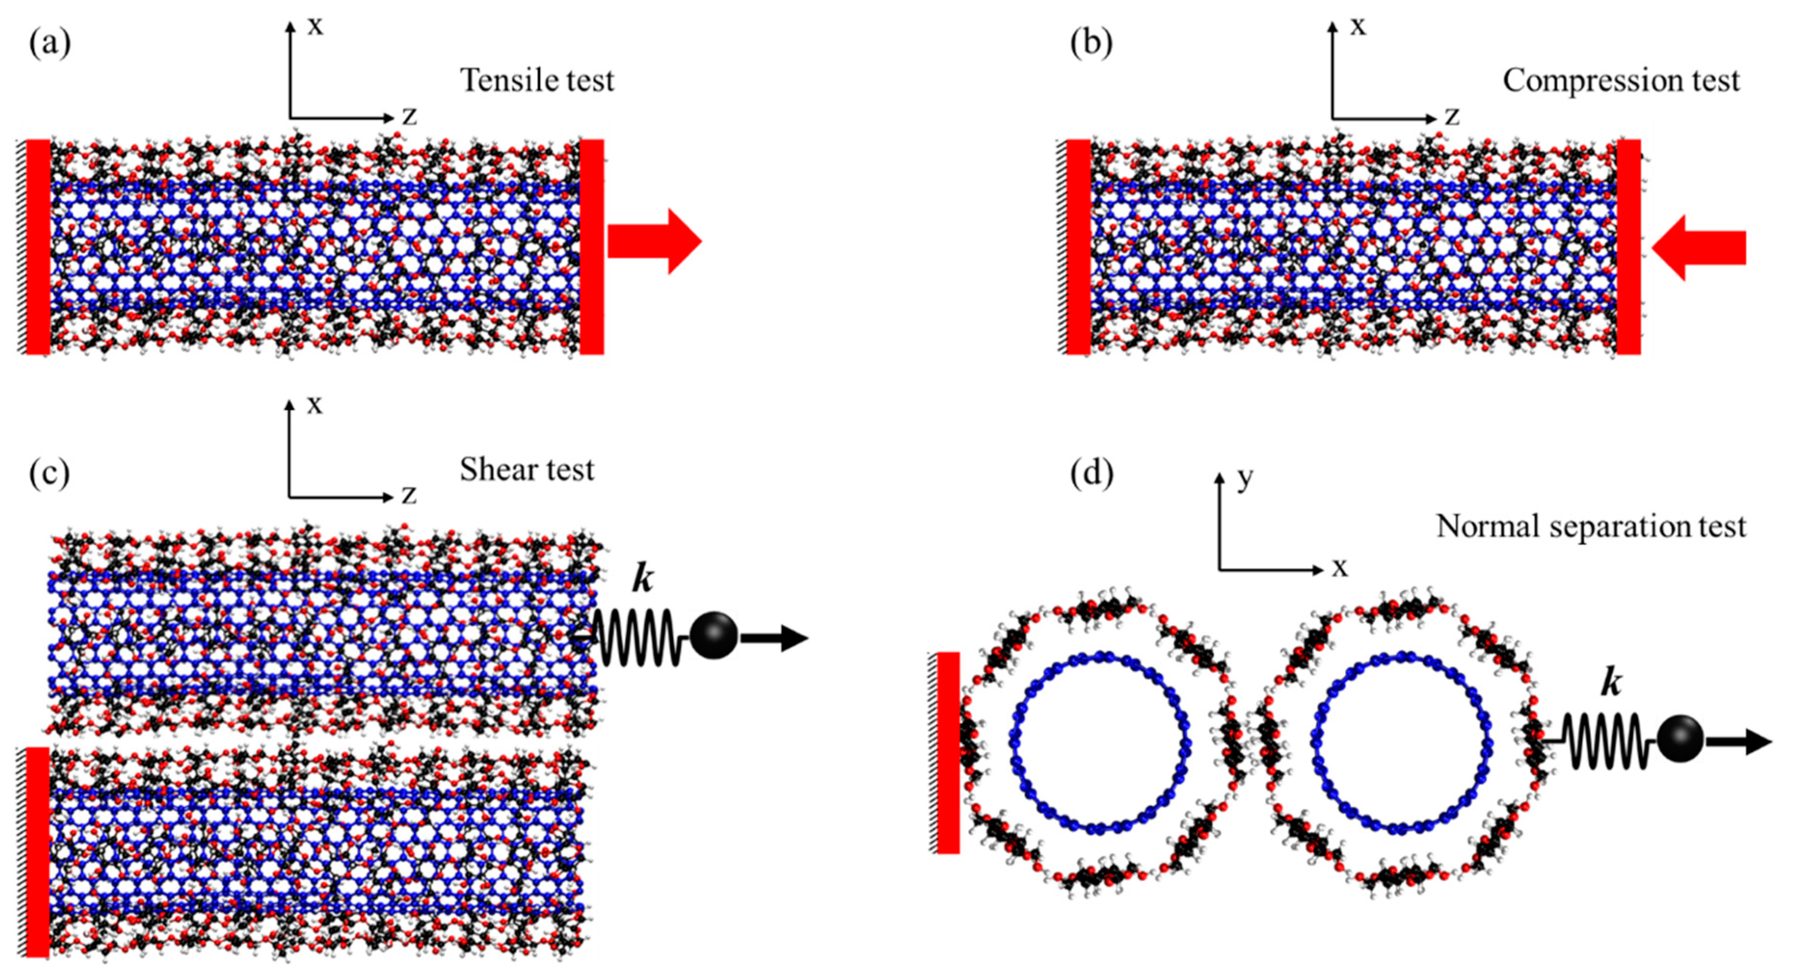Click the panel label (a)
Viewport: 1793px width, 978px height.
[49, 44]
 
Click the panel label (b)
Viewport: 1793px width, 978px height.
[1091, 44]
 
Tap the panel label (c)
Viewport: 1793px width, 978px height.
[49, 473]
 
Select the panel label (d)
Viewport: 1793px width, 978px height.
[1091, 473]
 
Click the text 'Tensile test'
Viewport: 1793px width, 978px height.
[537, 81]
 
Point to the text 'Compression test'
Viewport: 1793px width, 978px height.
[1620, 81]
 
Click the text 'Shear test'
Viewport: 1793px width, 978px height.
[526, 470]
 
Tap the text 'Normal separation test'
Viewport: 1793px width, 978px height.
[1591, 526]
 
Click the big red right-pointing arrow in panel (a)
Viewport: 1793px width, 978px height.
[654, 241]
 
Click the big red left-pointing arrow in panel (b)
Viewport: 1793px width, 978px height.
[1698, 248]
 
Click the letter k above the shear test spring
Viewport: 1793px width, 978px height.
[642, 579]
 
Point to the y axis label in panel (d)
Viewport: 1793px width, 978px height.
[1245, 478]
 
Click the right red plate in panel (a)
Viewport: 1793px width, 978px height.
[592, 246]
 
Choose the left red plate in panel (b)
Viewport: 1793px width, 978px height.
[1078, 246]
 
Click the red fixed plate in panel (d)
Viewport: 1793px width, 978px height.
[947, 753]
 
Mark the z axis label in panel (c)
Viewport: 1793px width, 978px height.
[408, 495]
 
